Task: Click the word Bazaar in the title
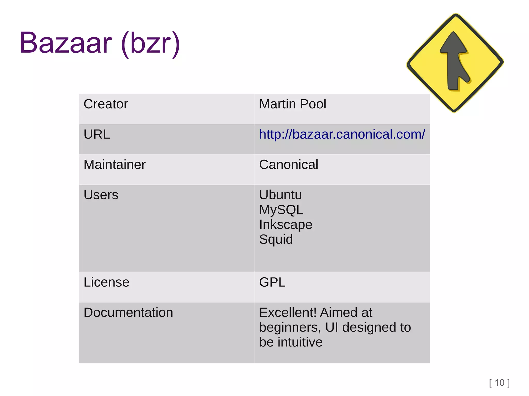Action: pyautogui.click(x=66, y=43)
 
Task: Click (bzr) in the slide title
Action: pyautogui.click(x=150, y=43)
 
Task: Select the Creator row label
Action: pyautogui.click(x=106, y=104)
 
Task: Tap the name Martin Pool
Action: pyautogui.click(x=292, y=104)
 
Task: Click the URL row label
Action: pyautogui.click(x=97, y=134)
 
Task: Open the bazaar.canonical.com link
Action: pyautogui.click(x=342, y=134)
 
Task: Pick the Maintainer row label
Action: pyautogui.click(x=114, y=165)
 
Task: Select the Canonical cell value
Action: pyautogui.click(x=289, y=165)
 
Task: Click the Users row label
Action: pyautogui.click(x=101, y=195)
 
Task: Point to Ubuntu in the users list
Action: pyautogui.click(x=280, y=195)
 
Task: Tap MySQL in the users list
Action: pyautogui.click(x=281, y=210)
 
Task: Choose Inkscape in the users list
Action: pyautogui.click(x=285, y=224)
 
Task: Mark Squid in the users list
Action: pyautogui.click(x=276, y=239)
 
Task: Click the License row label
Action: pyautogui.click(x=106, y=282)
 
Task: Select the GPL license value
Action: pyautogui.click(x=272, y=282)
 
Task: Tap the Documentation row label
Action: pyautogui.click(x=128, y=312)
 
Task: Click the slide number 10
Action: pyautogui.click(x=499, y=383)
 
